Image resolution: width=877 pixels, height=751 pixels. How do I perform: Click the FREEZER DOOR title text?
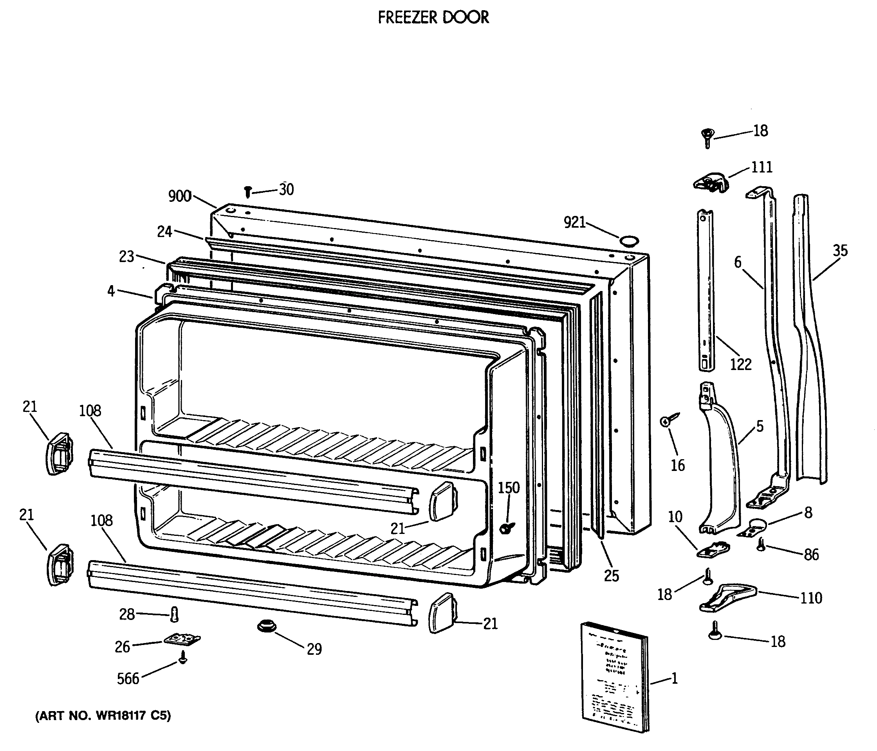click(x=433, y=18)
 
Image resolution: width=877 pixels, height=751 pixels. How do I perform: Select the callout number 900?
click(x=180, y=196)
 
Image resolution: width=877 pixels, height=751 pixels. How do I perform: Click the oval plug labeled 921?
click(x=629, y=241)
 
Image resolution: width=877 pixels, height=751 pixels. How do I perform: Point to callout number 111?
click(x=762, y=167)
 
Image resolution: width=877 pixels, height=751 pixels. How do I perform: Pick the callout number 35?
click(x=840, y=251)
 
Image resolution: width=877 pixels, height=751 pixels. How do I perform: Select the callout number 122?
click(x=741, y=365)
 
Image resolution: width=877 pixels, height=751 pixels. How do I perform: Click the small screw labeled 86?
click(x=762, y=544)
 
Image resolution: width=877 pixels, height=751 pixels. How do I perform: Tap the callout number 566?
click(x=128, y=678)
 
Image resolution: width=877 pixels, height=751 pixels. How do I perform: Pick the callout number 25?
click(x=611, y=576)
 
